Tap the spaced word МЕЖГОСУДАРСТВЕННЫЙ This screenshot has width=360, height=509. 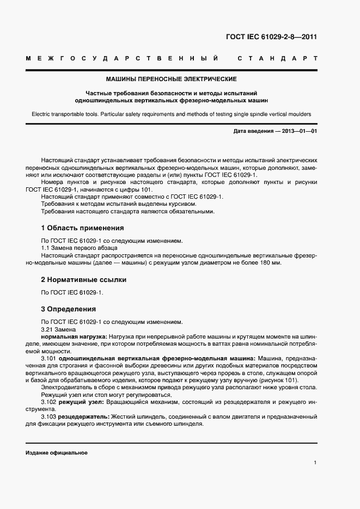[123, 58]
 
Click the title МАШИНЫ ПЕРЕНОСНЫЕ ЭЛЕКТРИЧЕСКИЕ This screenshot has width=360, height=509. [171, 79]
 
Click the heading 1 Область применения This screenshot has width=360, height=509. [82, 228]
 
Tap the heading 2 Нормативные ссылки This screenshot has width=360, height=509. [83, 280]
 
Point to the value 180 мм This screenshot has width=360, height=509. [270, 263]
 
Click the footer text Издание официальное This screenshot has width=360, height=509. [57, 453]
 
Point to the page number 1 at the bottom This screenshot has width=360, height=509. [315, 463]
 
